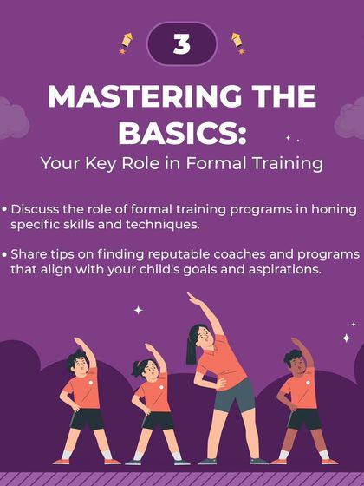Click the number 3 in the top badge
(x=181, y=43)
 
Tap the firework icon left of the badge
(x=126, y=43)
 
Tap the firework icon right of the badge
(x=236, y=43)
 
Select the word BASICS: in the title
(x=182, y=133)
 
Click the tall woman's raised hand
(x=193, y=299)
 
